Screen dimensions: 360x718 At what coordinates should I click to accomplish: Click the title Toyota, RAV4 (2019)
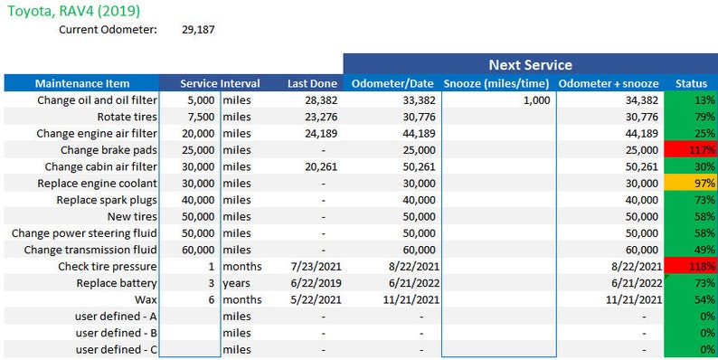(73, 12)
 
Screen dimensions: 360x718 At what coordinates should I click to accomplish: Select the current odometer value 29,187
(198, 30)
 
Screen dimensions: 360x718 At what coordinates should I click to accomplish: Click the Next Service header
(529, 64)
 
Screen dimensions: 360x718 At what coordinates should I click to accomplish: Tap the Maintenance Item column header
(82, 83)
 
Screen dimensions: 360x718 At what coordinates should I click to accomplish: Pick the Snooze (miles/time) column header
(498, 83)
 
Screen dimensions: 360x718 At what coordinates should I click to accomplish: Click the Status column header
(692, 83)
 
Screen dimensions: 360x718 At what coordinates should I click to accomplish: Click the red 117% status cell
(692, 149)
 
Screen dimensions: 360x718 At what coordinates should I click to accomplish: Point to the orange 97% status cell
(692, 183)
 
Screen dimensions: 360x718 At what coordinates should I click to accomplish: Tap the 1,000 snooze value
(535, 100)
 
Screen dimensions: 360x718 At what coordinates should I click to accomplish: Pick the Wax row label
(145, 299)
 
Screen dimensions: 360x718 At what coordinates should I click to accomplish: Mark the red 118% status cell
(692, 266)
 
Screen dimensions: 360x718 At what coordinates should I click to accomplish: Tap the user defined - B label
(116, 333)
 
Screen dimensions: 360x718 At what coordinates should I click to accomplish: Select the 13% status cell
(692, 100)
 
